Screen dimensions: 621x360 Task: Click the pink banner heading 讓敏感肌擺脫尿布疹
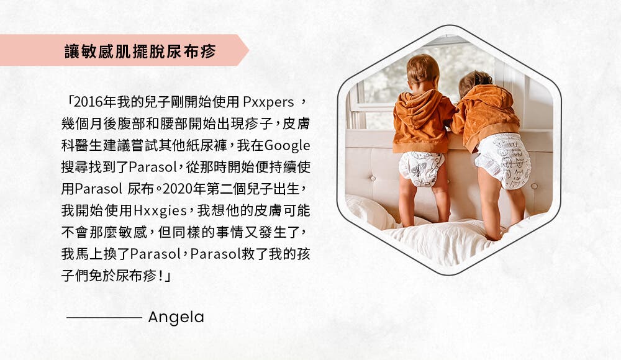click(140, 51)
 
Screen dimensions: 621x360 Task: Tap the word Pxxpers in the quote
click(268, 102)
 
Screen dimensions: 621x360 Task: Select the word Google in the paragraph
click(287, 146)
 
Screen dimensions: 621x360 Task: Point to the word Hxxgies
click(160, 210)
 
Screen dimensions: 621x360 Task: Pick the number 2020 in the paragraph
click(177, 189)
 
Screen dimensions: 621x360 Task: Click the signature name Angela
click(176, 318)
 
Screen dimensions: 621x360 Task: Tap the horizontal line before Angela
click(104, 318)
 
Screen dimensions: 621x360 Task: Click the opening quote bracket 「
click(70, 101)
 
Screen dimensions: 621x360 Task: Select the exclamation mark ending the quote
click(160, 276)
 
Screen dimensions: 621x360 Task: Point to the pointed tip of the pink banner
click(249, 50)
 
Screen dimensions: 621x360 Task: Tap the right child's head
click(475, 83)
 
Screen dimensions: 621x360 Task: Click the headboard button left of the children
click(373, 179)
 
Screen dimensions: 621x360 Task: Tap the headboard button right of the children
click(534, 186)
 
